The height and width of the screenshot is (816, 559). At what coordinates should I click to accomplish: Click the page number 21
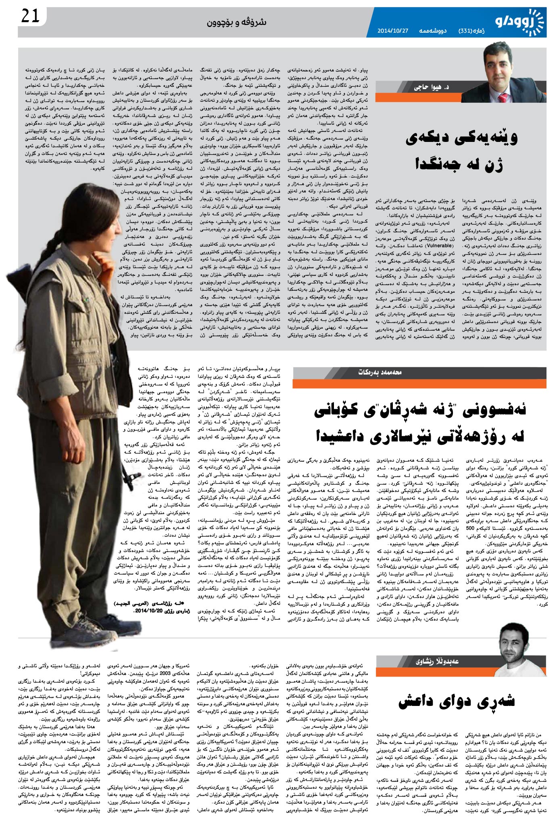tap(30, 17)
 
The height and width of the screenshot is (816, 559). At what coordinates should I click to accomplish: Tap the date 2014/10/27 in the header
tap(394, 31)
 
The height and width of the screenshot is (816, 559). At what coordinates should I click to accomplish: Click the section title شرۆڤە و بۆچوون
tap(236, 22)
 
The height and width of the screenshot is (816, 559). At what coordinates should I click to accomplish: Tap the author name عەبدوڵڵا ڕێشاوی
tap(437, 661)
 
